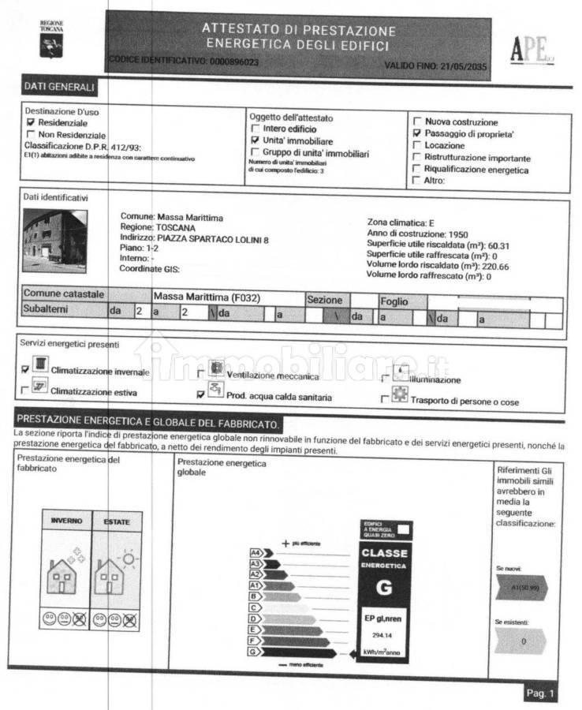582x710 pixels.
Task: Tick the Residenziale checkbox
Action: click(x=31, y=123)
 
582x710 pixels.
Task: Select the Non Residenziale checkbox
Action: click(x=31, y=135)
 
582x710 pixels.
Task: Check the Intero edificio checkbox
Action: click(x=255, y=129)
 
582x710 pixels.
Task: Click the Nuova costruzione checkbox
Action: click(x=417, y=122)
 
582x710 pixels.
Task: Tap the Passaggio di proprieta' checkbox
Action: click(x=417, y=134)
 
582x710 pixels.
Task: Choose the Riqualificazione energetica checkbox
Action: click(x=417, y=169)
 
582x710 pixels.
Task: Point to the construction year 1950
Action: click(x=458, y=234)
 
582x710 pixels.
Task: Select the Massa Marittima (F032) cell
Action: click(x=207, y=297)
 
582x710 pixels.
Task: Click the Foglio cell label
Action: click(x=394, y=301)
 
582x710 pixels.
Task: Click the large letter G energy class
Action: click(x=385, y=587)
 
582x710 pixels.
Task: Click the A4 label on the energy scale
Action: click(x=256, y=553)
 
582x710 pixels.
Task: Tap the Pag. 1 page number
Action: click(x=540, y=693)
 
